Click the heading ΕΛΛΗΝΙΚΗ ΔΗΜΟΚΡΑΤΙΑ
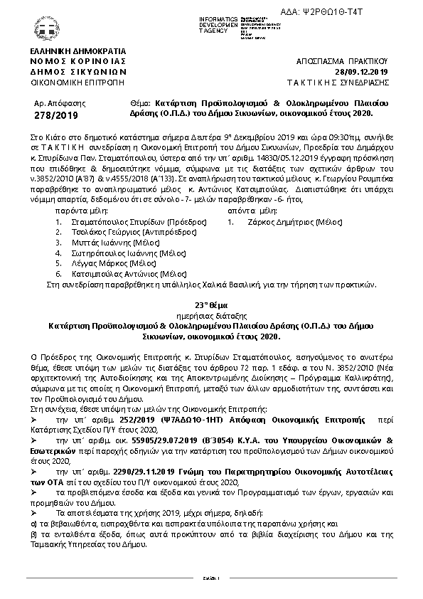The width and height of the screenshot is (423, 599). pos(77,52)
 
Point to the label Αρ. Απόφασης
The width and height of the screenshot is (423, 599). pos(54,104)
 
